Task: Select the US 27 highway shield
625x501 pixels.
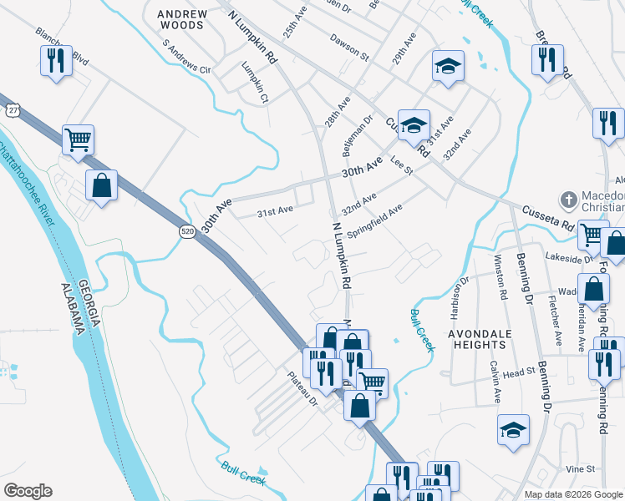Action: (x=12, y=110)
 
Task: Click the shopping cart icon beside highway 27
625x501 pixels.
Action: (x=78, y=139)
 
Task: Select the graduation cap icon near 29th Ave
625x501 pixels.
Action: (x=448, y=65)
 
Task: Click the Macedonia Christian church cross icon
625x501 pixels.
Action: (x=568, y=199)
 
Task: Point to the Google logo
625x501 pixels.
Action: (x=28, y=491)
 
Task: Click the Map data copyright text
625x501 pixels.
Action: (x=574, y=494)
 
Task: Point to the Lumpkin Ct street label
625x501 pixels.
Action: (x=255, y=83)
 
